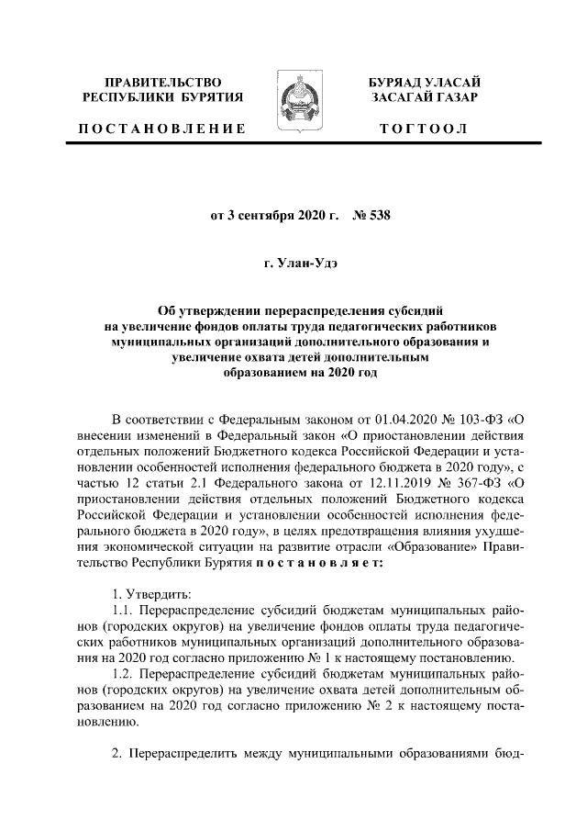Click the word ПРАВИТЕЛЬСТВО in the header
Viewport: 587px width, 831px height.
pos(164,83)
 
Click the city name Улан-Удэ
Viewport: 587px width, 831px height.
pos(304,264)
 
